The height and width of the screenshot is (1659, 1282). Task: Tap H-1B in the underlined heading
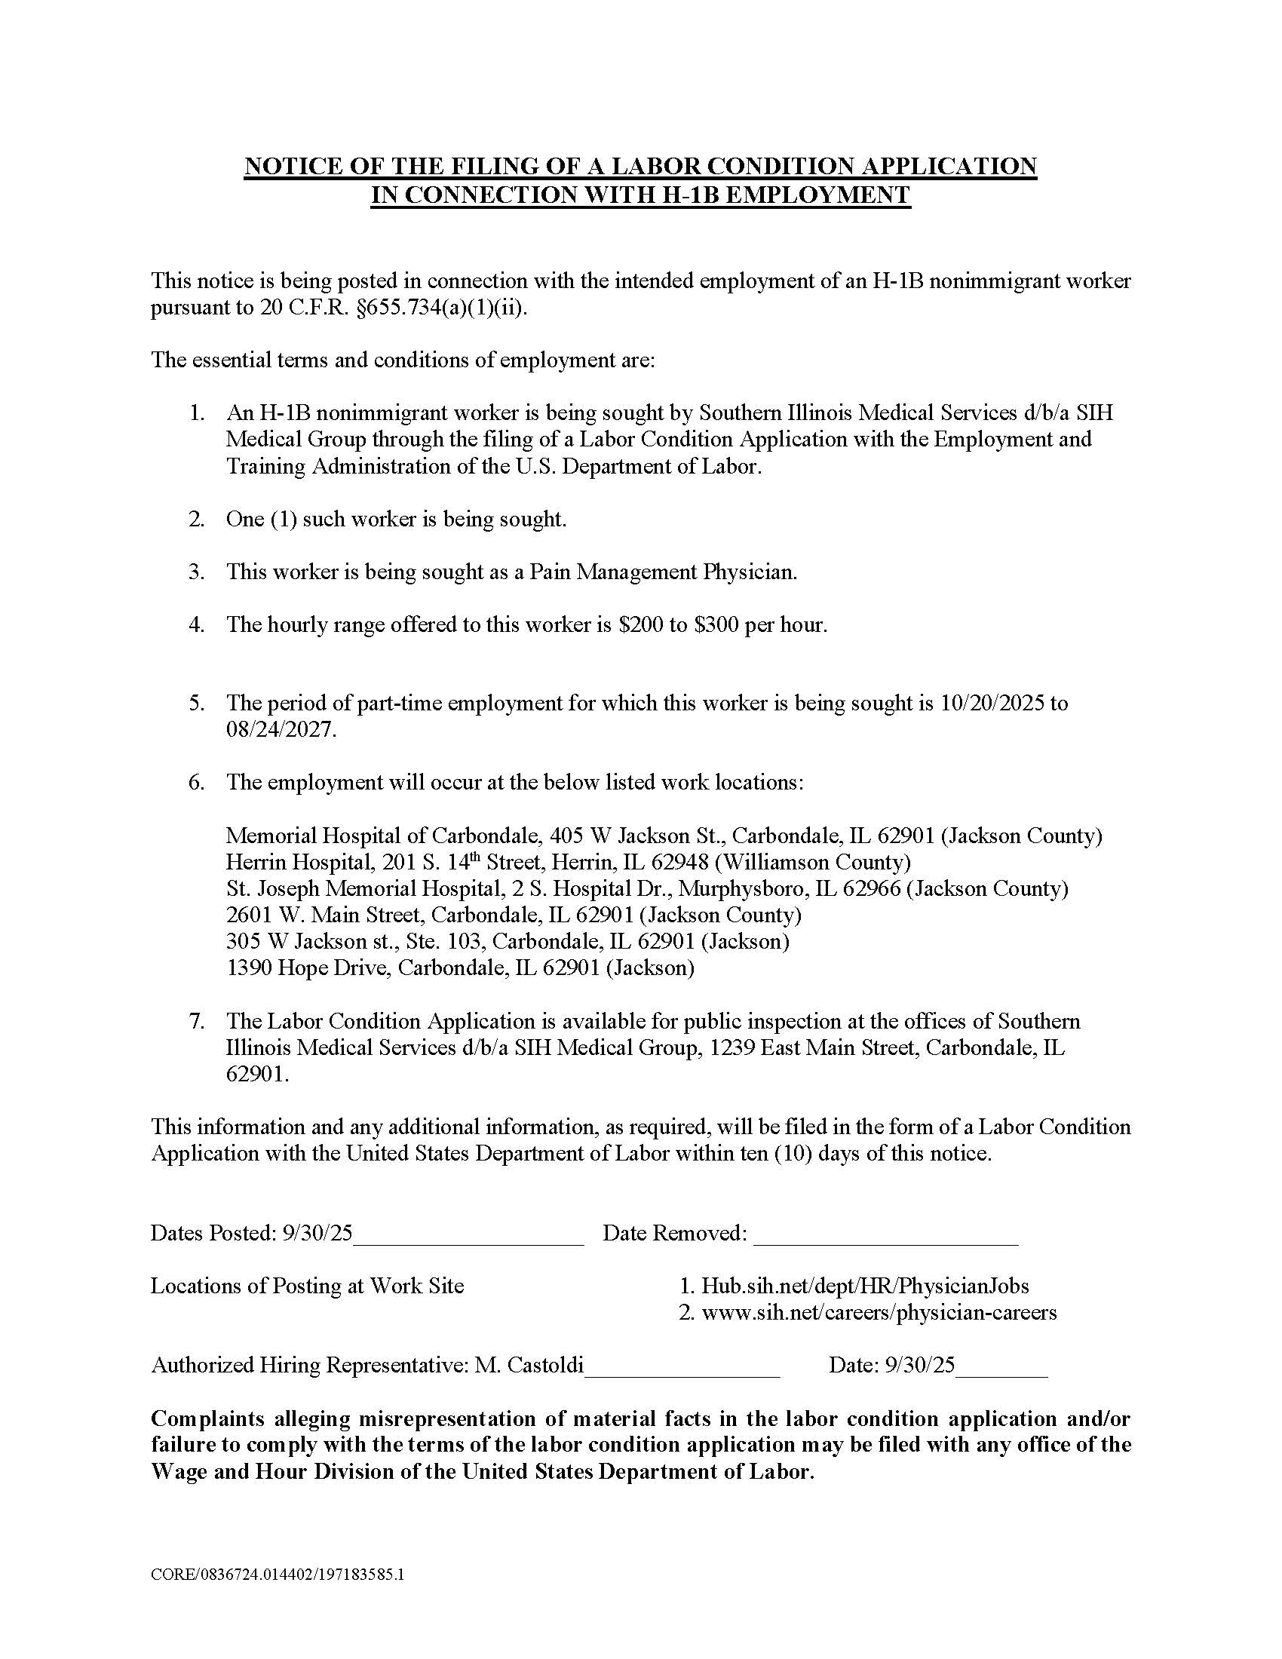687,195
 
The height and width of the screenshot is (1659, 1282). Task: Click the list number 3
196,572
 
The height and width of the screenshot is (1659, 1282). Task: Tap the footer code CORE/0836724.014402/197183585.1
278,1575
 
